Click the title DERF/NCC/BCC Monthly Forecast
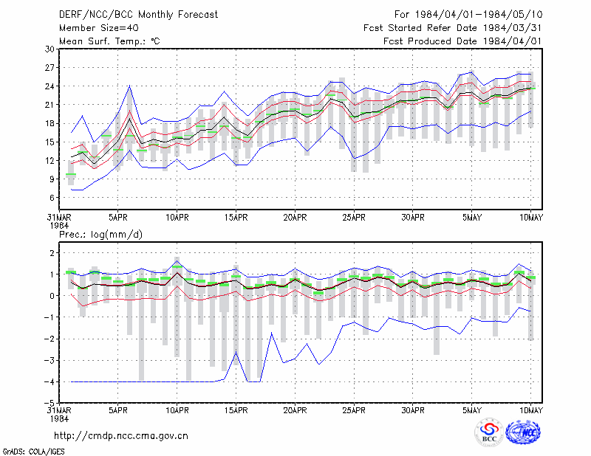coord(138,15)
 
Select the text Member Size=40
coord(99,28)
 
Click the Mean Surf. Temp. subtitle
coord(109,41)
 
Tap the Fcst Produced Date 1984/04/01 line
coord(462,41)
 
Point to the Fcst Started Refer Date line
coord(453,28)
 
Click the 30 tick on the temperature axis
coord(49,49)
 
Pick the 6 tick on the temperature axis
coord(52,198)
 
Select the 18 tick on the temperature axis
coord(49,123)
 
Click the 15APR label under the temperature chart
coord(236,218)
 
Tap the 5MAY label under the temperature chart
coord(472,218)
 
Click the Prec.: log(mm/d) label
coord(100,235)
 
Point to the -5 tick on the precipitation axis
coord(49,404)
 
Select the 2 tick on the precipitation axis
coord(52,253)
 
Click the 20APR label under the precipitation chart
coord(295,410)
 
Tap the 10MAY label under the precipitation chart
coord(530,410)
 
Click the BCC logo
coord(489,432)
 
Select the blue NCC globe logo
coord(523,432)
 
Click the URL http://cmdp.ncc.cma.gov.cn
coord(121,436)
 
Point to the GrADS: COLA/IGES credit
coord(33,452)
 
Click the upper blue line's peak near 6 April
coord(130,86)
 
